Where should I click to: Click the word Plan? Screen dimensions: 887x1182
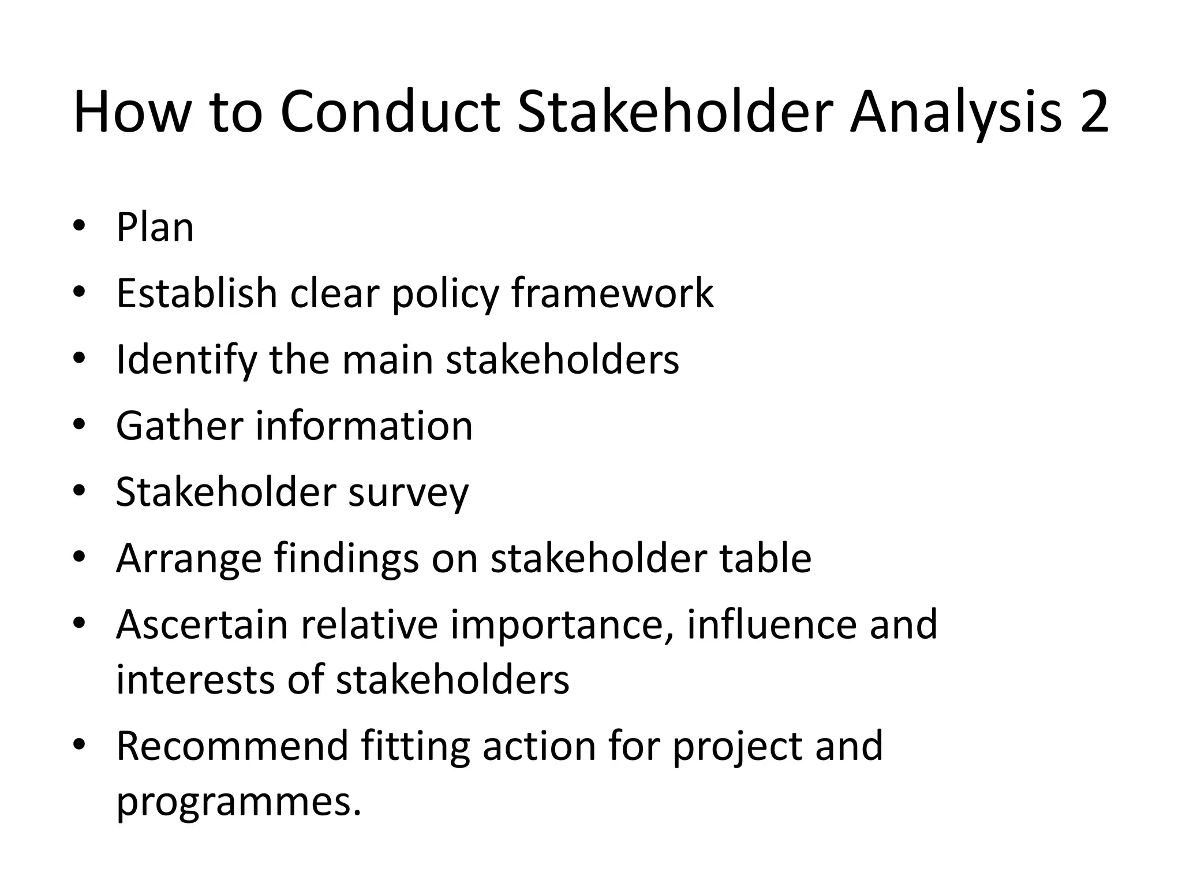(155, 228)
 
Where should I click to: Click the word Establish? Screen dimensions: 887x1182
(197, 293)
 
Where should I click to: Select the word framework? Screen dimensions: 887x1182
(612, 293)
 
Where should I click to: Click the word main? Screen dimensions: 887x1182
(387, 360)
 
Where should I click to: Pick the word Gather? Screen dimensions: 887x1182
(179, 426)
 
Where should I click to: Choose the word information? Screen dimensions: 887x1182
(364, 426)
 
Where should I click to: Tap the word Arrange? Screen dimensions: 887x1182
(189, 558)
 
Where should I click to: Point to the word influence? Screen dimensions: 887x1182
(772, 625)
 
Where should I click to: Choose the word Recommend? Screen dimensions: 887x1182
(232, 746)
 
